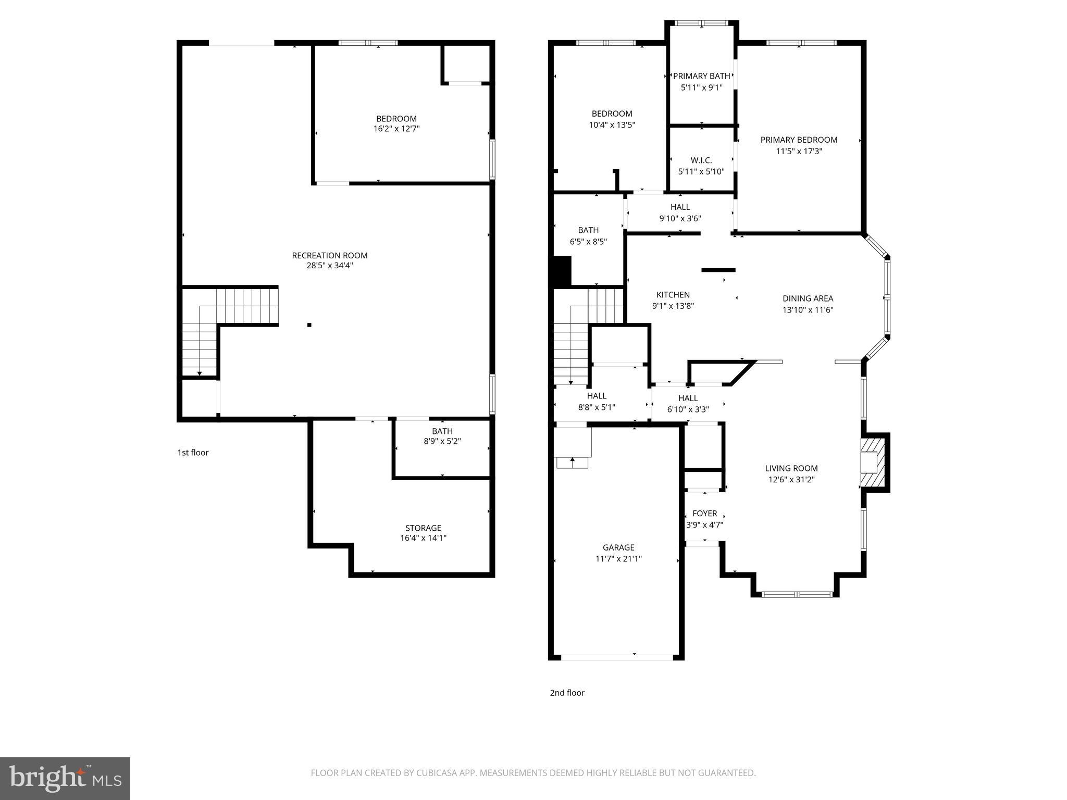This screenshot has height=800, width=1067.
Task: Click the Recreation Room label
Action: [329, 255]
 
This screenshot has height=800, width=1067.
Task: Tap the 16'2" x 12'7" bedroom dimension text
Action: [396, 129]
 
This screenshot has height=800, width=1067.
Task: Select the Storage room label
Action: [423, 528]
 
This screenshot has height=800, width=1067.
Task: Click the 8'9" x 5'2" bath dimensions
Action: [442, 441]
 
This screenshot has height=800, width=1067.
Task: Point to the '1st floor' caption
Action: [193, 452]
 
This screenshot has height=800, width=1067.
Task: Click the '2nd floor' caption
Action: [567, 693]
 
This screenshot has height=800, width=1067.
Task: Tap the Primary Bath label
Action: [701, 76]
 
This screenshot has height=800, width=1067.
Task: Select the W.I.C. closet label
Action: [701, 160]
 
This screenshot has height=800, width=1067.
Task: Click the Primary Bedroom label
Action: [799, 140]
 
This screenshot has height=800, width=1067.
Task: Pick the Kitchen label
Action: [673, 295]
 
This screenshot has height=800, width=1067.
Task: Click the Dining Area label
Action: [808, 298]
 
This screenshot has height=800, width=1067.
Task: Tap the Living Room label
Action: [791, 468]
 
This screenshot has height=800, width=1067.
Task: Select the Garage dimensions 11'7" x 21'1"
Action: [618, 559]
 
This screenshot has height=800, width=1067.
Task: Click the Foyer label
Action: [704, 514]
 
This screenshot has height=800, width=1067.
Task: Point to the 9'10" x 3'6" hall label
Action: [680, 218]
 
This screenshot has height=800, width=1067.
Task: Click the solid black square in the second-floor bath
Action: [562, 271]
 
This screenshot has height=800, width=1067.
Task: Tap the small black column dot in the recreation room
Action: [309, 325]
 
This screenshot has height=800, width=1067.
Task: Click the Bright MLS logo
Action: [65, 779]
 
